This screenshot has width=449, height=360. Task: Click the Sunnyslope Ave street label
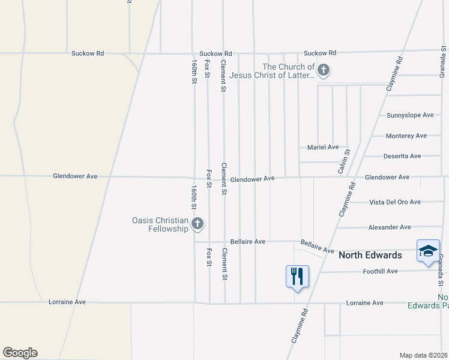click(410, 115)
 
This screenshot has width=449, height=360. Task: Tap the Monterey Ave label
click(406, 136)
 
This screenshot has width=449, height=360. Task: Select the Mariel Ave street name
click(323, 147)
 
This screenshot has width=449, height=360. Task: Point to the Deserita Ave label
click(402, 156)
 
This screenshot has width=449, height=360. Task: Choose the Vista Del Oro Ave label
click(395, 202)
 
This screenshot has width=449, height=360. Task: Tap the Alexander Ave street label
click(390, 227)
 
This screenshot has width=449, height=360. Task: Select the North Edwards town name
click(370, 255)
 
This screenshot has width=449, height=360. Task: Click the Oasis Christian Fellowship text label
click(160, 224)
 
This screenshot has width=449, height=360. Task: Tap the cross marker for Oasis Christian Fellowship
click(197, 224)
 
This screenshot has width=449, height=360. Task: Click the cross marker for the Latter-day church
click(324, 71)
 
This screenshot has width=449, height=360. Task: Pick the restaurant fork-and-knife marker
click(297, 276)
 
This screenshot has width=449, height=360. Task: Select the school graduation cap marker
click(428, 251)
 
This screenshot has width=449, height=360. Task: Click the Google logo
click(20, 353)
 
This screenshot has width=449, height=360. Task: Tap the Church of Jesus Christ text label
click(288, 71)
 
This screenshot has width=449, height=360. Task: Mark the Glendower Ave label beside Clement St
click(252, 179)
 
